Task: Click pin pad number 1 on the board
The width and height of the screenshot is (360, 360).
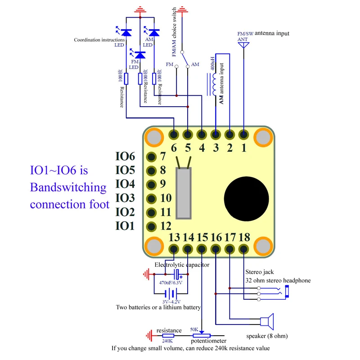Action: tap(243, 135)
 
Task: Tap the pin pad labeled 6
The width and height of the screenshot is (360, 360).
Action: tap(174, 135)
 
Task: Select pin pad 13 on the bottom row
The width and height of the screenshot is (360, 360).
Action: tap(174, 248)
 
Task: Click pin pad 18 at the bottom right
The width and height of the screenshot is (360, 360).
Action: tap(243, 248)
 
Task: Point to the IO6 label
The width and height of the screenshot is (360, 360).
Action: tap(125, 157)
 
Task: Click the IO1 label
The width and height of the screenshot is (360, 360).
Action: tap(125, 226)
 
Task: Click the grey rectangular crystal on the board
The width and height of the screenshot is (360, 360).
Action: tap(184, 193)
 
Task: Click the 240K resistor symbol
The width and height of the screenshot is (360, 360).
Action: tap(168, 336)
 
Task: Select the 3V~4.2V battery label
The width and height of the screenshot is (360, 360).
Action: tap(172, 301)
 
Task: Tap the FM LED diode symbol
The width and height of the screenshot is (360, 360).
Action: tap(140, 54)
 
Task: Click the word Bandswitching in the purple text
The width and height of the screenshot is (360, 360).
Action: tap(68, 187)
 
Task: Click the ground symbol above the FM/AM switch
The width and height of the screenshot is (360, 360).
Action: tap(182, 9)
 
